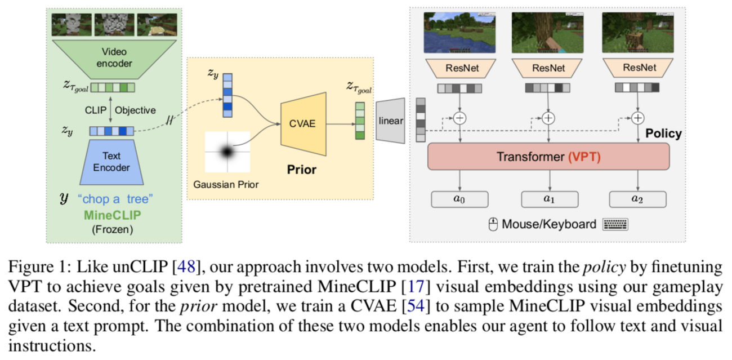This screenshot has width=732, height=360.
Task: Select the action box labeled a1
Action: pyautogui.click(x=549, y=199)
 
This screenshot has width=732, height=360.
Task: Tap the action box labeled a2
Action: pyautogui.click(x=638, y=199)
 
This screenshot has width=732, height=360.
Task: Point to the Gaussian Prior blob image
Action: pyautogui.click(x=227, y=152)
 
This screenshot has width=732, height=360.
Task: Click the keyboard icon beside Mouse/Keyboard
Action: pyautogui.click(x=615, y=224)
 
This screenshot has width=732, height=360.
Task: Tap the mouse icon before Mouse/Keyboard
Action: pyautogui.click(x=493, y=224)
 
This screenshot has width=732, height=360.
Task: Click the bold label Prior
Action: pyautogui.click(x=301, y=169)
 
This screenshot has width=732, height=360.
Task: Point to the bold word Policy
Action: pyautogui.click(x=663, y=134)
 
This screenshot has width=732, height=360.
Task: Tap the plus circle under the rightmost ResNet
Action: pyautogui.click(x=637, y=118)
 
